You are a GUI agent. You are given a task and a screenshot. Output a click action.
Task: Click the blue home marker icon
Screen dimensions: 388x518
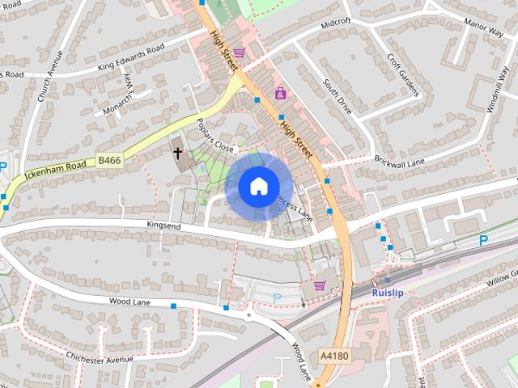(258, 186)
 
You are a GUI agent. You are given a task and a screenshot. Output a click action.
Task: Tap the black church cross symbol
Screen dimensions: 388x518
(177, 151)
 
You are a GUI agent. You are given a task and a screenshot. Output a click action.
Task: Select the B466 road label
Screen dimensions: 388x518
(109, 162)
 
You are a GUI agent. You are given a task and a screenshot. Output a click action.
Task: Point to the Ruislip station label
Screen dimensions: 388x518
(388, 292)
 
